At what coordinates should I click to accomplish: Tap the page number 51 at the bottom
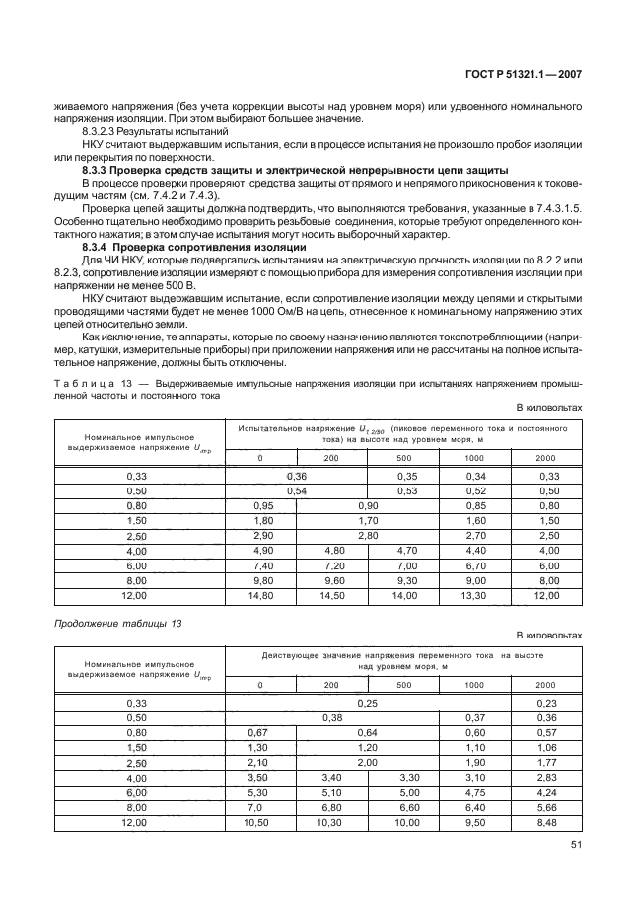[575, 843]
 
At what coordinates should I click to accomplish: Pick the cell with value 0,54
[296, 490]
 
